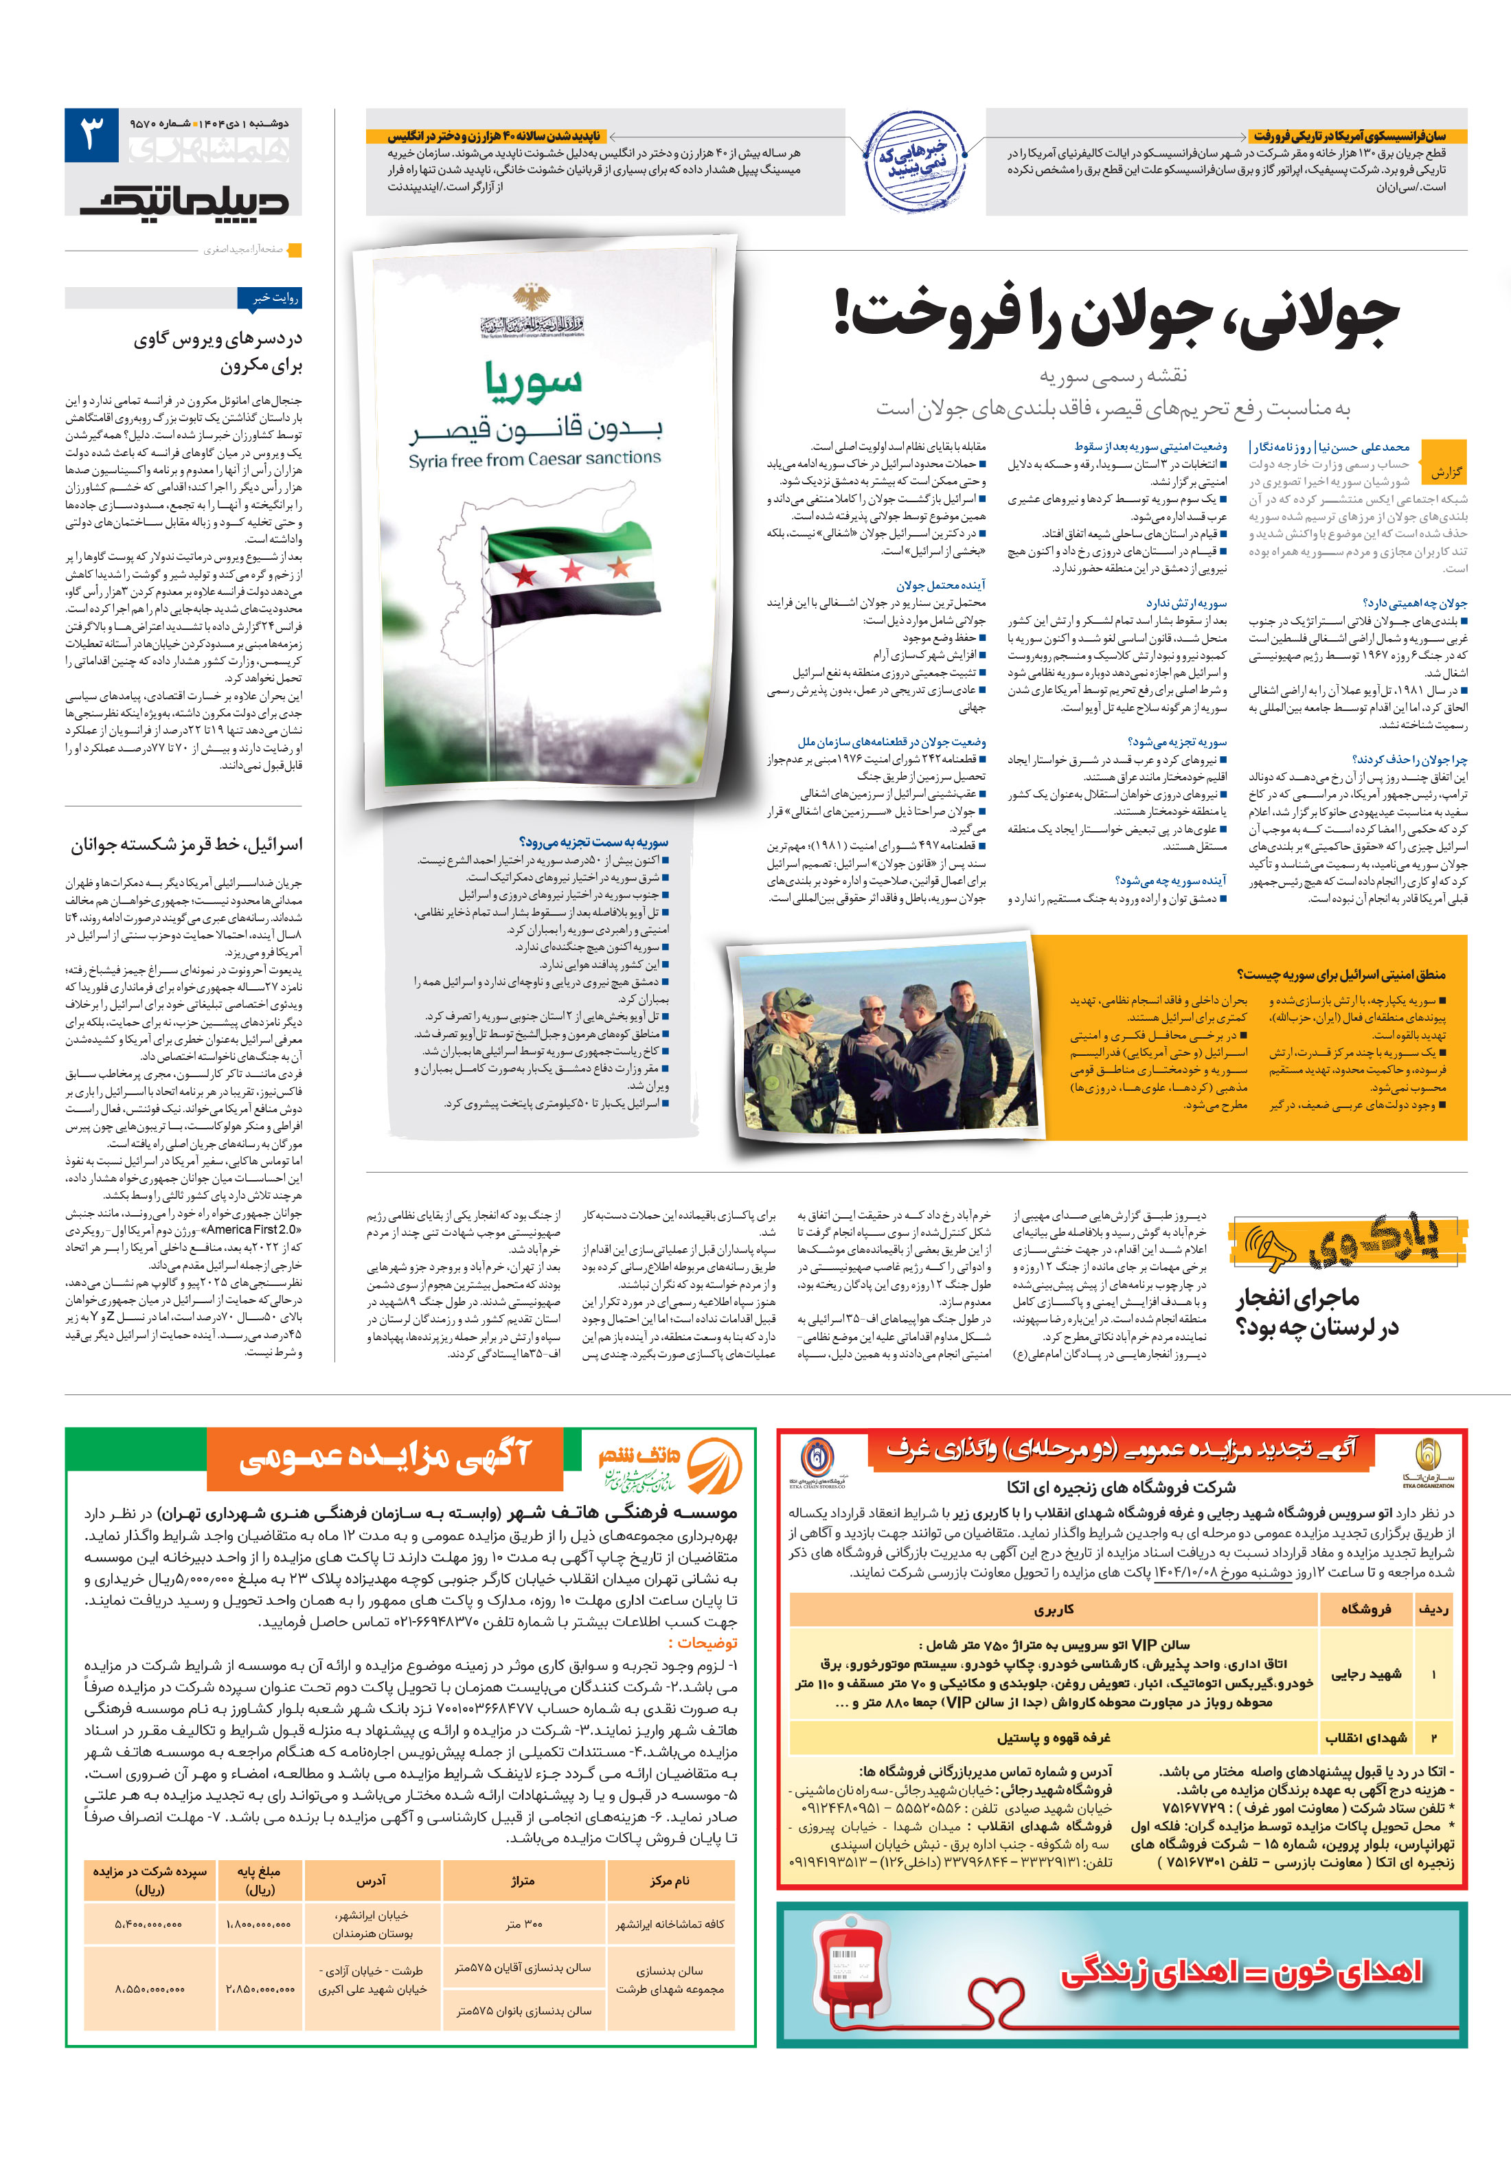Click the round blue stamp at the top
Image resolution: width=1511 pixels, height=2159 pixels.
(914, 161)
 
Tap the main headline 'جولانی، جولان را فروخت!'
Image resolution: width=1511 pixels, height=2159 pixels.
(1116, 317)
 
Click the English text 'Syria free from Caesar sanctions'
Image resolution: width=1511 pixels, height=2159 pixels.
(534, 460)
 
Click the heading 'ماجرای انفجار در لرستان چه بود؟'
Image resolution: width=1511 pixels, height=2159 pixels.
(1317, 1312)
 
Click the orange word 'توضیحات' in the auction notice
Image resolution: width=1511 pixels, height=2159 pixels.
(703, 1642)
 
